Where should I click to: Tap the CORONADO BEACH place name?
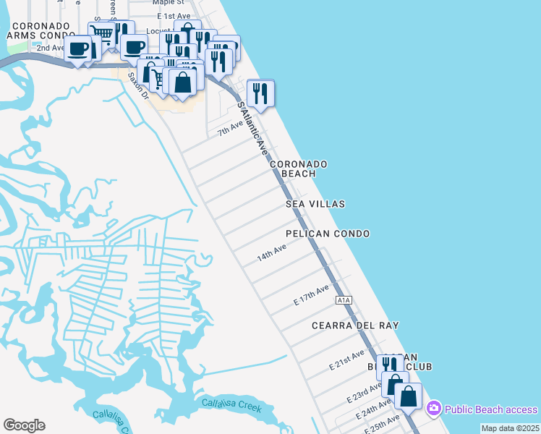[x=299, y=169]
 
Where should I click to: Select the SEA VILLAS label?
[x=315, y=205]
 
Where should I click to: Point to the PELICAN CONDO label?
[x=328, y=234]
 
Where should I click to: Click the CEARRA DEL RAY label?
[x=355, y=325]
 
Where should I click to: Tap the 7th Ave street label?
[x=231, y=129]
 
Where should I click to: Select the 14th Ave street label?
[x=272, y=253]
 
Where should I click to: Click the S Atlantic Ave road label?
[x=253, y=129]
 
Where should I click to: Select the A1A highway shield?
[x=343, y=299]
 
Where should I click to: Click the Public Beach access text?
[x=491, y=409]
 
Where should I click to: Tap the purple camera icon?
[x=433, y=409]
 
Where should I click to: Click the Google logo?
[x=24, y=425]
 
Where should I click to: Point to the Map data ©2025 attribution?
[x=510, y=428]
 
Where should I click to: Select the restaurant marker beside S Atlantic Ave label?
[x=260, y=93]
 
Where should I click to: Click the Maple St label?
[x=160, y=3]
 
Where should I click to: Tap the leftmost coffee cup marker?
[x=78, y=50]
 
